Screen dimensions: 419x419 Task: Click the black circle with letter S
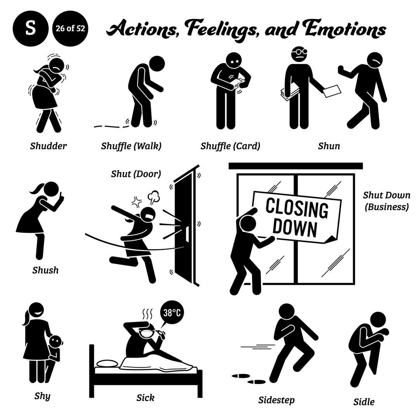pos(30,29)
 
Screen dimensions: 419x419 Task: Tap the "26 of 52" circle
pos(70,29)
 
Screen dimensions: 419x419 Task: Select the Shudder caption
pos(49,146)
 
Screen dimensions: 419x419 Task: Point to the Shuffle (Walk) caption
pos(131,146)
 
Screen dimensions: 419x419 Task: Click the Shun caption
pos(329,146)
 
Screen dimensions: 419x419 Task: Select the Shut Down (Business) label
pos(386,201)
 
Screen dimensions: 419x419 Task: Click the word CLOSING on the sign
pos(297,209)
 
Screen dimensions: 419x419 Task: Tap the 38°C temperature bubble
pos(171,313)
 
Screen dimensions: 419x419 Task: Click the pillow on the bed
pos(108,364)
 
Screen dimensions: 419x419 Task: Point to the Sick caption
pos(145,397)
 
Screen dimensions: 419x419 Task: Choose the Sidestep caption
pos(277,400)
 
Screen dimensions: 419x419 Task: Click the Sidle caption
pos(364,401)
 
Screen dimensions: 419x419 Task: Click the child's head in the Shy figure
pos(57,341)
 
